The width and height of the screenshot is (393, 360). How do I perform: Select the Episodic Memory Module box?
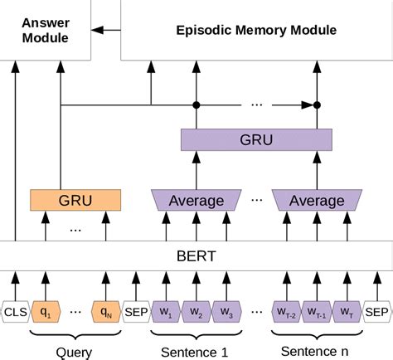256,30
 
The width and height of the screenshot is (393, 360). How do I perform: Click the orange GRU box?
75,200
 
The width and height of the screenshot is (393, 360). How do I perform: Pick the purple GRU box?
250,140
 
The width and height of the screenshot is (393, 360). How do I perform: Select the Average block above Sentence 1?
196,200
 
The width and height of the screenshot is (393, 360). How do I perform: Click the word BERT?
196,256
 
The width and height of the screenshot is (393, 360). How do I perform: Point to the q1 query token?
46,313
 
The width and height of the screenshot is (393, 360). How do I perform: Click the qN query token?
105,313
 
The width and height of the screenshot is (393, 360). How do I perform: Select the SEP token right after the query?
135,313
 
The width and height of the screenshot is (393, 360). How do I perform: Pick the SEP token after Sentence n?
376,313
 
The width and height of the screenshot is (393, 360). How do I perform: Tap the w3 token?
226,313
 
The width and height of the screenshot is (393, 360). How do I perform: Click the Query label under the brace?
74,352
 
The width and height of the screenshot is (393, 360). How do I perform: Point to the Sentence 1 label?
196,352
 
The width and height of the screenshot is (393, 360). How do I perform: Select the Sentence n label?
316,352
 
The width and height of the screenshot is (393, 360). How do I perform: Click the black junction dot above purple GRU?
197,105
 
